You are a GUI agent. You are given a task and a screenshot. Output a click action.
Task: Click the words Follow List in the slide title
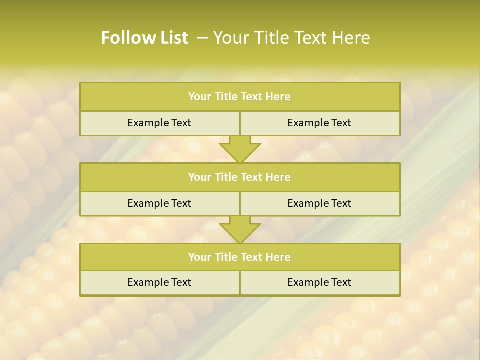point(144,38)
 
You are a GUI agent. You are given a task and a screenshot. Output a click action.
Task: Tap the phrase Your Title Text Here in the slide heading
point(291,38)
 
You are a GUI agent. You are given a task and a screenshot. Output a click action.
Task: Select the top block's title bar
point(240,97)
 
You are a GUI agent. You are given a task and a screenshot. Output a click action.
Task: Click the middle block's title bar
point(240,177)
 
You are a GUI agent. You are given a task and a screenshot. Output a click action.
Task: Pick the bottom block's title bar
point(240,257)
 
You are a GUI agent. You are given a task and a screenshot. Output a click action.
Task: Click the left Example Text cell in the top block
point(159,123)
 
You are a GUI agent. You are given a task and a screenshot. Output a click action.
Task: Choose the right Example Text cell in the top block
point(319,123)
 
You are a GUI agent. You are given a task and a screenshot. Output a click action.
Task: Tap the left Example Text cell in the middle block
point(159,203)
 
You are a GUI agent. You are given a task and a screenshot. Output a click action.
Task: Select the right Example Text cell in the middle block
point(319,203)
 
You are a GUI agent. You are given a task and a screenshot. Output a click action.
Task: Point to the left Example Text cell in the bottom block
point(159,282)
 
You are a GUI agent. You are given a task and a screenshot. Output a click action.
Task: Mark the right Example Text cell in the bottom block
point(319,282)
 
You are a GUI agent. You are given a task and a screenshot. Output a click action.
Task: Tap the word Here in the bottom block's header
point(278,257)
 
